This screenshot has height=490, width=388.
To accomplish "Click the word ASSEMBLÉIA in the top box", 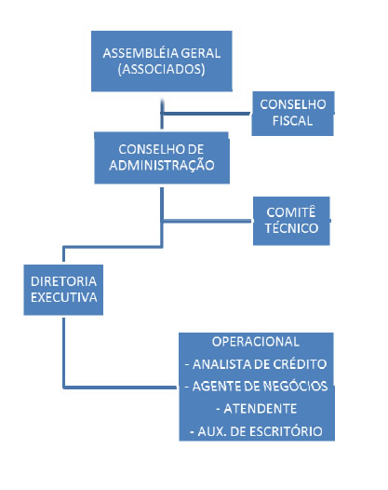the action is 140,53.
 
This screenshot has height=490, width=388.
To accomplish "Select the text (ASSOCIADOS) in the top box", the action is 161,69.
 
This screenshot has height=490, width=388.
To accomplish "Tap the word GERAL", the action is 201,53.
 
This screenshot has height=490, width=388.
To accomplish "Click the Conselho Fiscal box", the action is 293,114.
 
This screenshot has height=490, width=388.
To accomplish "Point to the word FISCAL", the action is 292,120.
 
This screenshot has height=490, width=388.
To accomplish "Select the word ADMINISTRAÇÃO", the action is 162,165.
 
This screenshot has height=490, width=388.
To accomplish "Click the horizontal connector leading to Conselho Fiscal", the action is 207,113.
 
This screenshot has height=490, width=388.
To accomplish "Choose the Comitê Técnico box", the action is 291,221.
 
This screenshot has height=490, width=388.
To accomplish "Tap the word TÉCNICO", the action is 291,228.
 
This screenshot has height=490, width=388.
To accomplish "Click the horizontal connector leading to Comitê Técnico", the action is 207,221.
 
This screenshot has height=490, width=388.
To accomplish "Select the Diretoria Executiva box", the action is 63,290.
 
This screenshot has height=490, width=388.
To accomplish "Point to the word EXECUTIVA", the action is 63,297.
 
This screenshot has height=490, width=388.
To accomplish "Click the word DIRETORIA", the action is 63,281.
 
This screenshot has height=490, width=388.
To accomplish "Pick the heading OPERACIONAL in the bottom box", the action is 256,342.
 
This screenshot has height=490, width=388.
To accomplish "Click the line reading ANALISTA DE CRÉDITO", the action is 256,364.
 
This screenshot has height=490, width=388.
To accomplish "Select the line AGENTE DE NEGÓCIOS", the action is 256,387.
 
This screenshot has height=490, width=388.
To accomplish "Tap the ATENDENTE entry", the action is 256,409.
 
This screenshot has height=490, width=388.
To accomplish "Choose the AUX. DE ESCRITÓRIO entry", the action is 256,431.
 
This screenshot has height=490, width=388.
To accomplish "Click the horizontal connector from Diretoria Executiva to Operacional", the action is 120,388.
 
